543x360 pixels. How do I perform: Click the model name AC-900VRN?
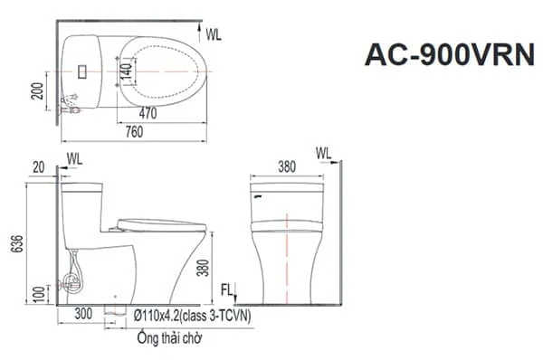[450, 54]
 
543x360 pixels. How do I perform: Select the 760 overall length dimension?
[134, 132]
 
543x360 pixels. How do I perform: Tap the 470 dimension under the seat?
[148, 113]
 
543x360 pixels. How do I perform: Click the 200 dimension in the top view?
[37, 91]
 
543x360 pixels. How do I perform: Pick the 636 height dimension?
[17, 243]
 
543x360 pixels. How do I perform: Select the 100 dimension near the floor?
[40, 294]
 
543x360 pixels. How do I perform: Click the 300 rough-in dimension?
[83, 314]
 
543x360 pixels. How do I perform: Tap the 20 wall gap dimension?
[38, 167]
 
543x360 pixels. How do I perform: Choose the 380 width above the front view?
[287, 166]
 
